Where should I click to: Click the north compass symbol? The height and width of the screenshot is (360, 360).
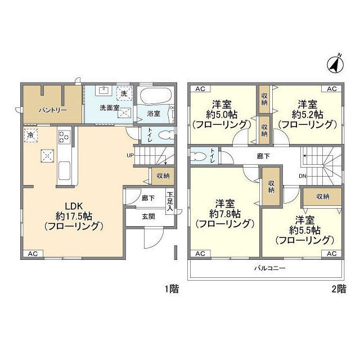[x=335, y=65]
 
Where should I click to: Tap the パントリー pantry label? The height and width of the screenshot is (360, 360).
[x=53, y=110]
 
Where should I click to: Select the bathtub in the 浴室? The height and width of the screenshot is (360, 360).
[x=156, y=96]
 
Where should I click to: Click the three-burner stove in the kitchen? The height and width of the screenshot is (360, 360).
[x=65, y=137]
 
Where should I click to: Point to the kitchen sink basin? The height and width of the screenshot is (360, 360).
[x=64, y=170]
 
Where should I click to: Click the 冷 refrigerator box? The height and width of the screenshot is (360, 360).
[x=31, y=135]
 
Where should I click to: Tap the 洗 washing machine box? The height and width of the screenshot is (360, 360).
[x=124, y=93]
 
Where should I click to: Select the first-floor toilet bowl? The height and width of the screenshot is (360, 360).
[x=166, y=135]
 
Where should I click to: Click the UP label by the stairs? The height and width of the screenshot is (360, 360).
[x=130, y=155]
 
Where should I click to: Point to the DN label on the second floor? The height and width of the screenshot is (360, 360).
[x=303, y=176]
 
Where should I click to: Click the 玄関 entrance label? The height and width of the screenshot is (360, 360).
[x=148, y=216]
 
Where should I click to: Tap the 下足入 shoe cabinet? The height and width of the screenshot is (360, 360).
[x=170, y=201]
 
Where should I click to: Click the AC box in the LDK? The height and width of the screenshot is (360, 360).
[x=33, y=254]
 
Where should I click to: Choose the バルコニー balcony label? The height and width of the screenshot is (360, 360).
[x=270, y=268]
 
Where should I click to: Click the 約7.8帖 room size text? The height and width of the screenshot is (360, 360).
[x=225, y=214]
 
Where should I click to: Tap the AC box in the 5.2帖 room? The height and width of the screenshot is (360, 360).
[x=331, y=89]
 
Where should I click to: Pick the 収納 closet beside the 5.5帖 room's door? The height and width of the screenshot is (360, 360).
[x=322, y=197]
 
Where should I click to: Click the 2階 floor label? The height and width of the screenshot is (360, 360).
[x=339, y=289]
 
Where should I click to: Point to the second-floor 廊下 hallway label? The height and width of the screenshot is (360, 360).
[x=263, y=156]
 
